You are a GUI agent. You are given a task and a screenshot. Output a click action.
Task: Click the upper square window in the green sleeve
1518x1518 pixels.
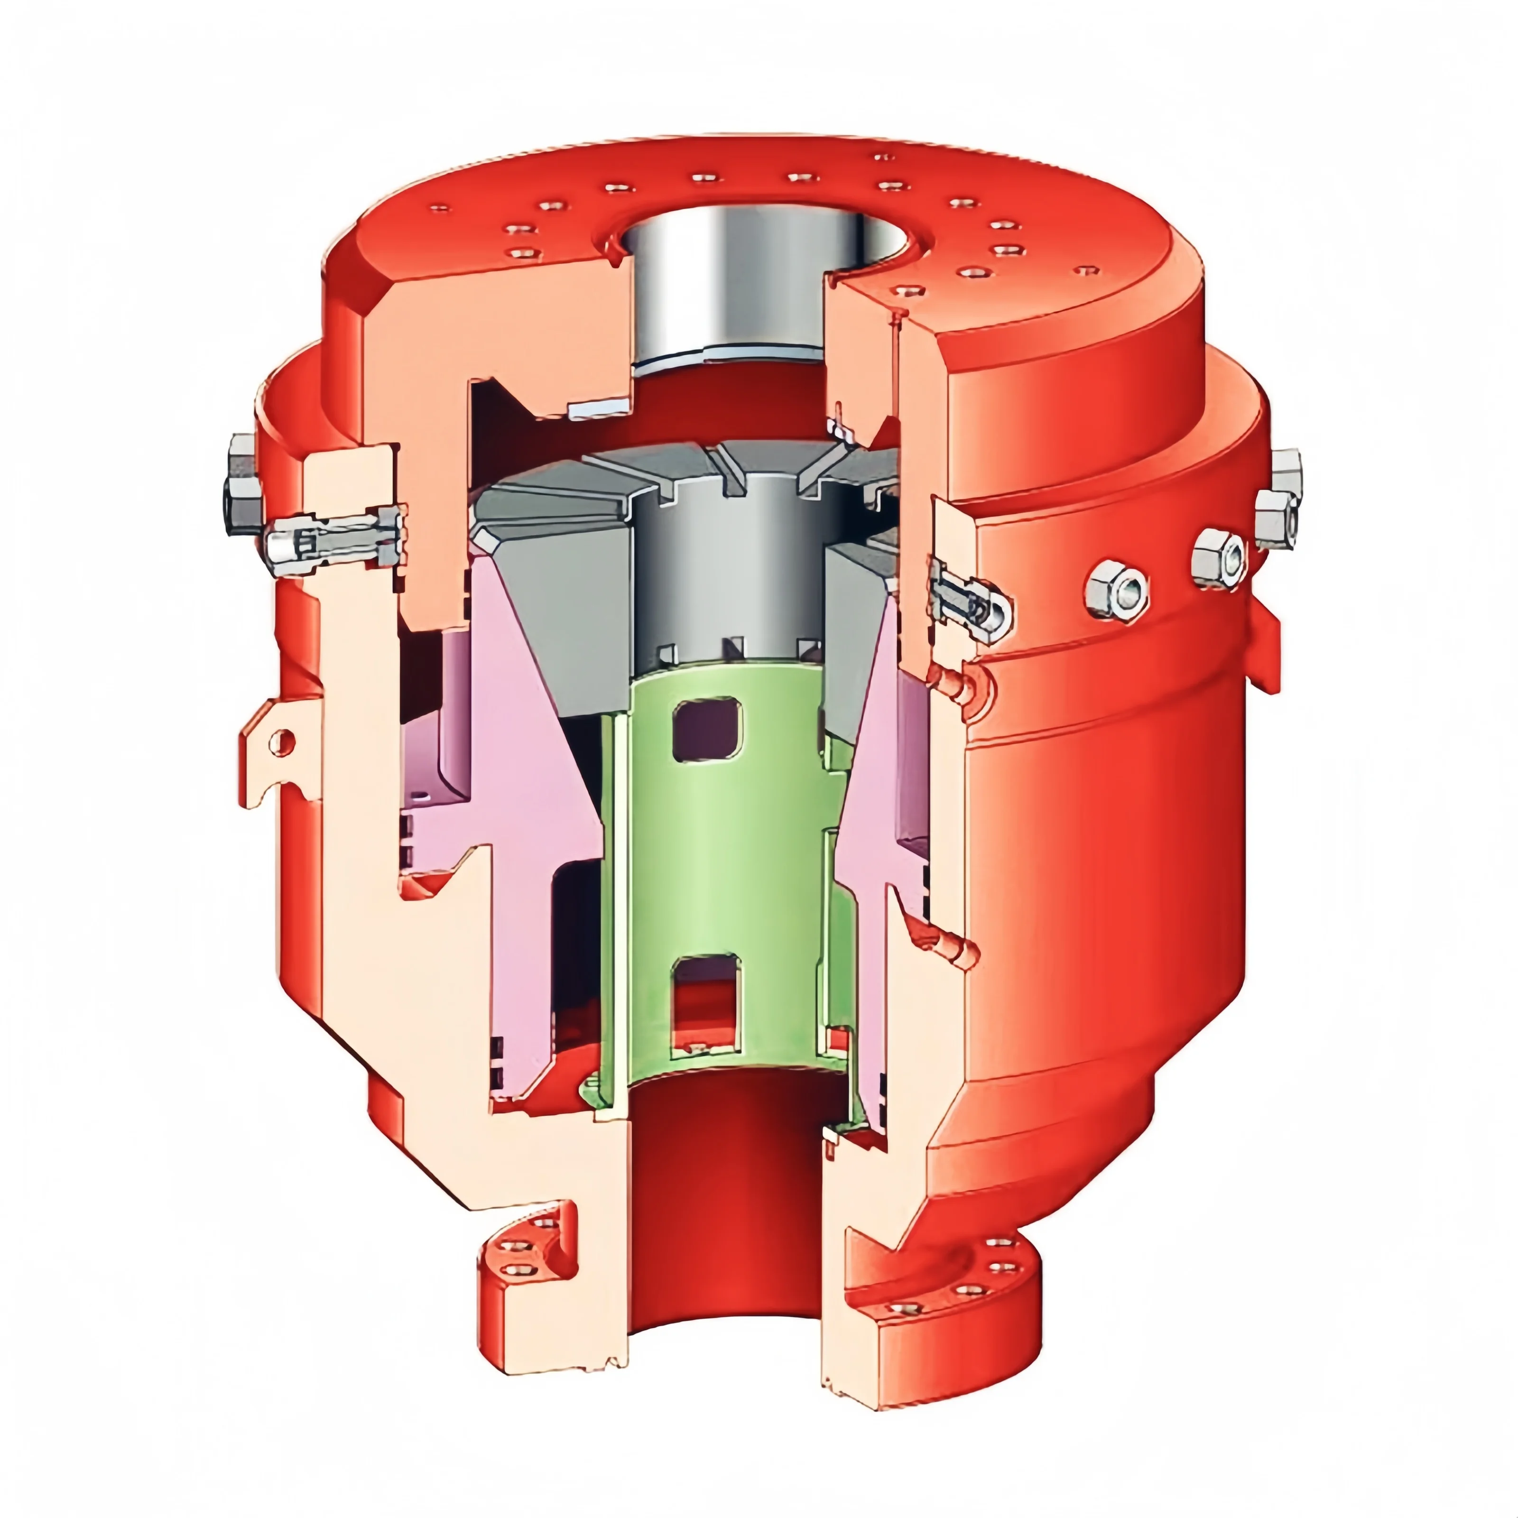[x=707, y=730]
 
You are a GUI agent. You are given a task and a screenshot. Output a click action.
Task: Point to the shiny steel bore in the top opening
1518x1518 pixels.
[x=731, y=283]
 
